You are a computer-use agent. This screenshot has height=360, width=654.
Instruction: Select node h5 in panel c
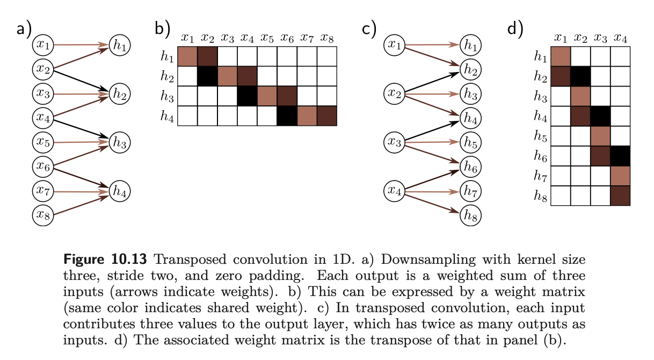pos(471,143)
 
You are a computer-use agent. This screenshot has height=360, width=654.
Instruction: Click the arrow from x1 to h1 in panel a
pos(81,46)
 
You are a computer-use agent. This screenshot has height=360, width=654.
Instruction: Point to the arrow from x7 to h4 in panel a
pos(81,191)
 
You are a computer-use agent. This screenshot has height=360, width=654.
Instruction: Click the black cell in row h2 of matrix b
pos(207,76)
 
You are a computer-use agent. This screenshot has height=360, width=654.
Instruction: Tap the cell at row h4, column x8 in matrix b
pos(326,116)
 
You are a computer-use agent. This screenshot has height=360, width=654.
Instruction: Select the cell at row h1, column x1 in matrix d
pos(561,57)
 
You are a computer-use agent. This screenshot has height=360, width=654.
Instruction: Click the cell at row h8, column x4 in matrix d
pos(620,196)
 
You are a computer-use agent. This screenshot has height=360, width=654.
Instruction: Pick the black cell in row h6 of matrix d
pos(620,156)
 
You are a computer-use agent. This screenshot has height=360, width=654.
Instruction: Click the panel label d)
pos(515,28)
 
